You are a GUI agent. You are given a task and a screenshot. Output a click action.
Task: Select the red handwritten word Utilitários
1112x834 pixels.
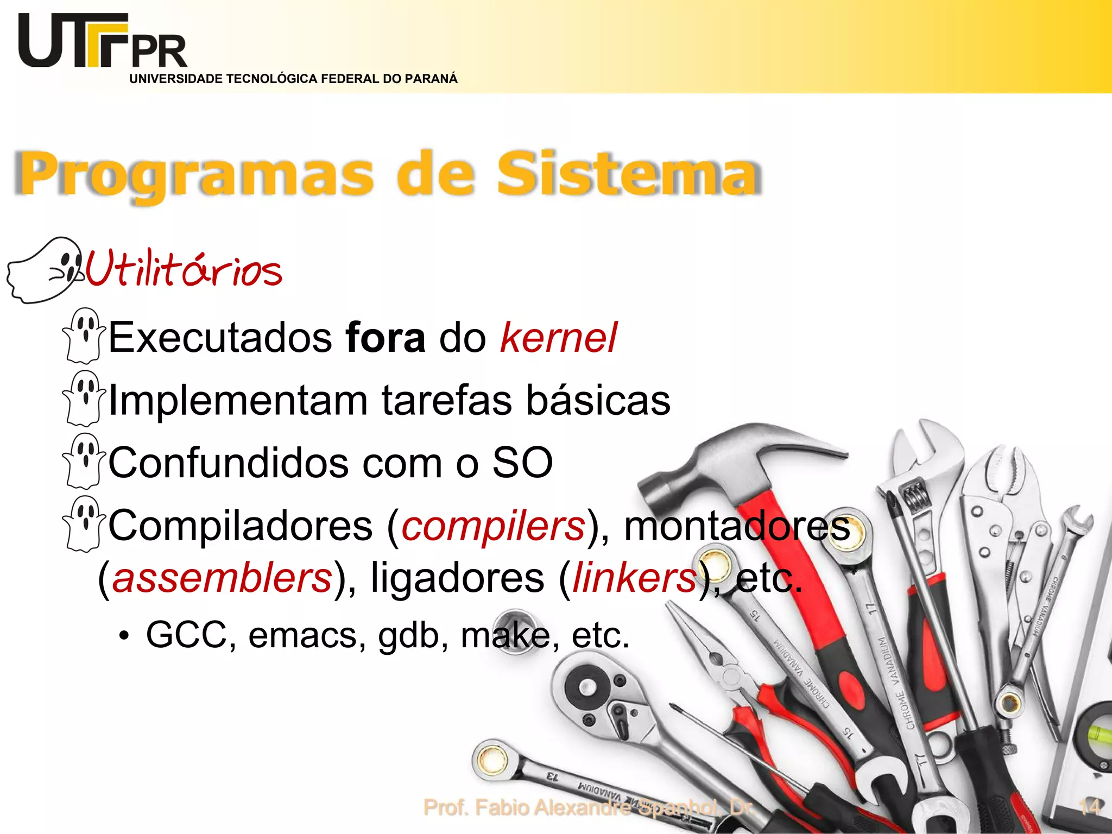(184, 269)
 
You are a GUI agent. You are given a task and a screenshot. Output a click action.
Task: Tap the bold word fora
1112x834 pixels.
(385, 338)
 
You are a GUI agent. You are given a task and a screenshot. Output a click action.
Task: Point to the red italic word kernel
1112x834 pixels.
(558, 338)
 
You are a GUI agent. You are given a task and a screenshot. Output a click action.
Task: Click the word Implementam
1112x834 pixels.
(239, 401)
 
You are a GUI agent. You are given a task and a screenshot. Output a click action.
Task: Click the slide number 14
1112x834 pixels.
(1089, 807)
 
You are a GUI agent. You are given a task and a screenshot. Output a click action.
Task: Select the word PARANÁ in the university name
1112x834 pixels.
(431, 79)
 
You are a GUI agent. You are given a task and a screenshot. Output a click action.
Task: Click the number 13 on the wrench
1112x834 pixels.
(552, 776)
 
